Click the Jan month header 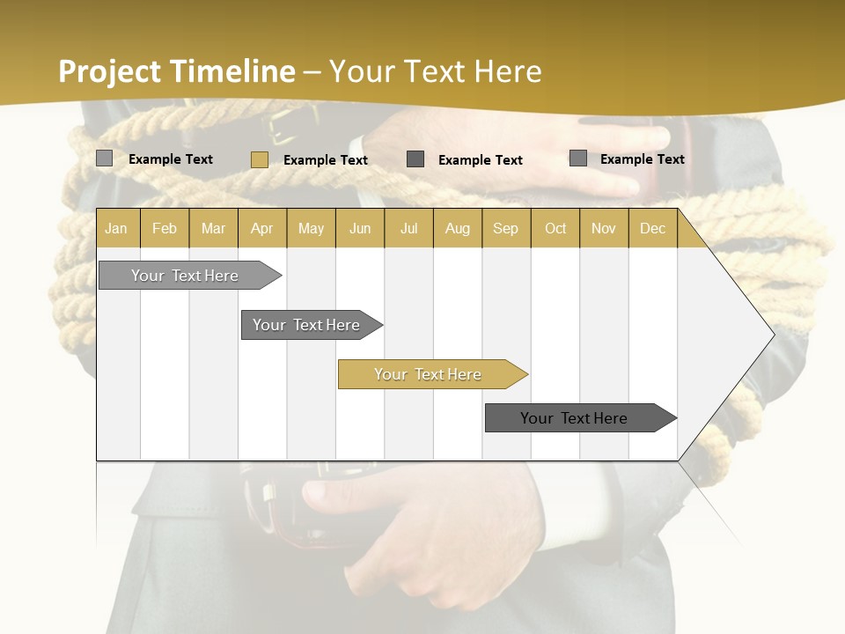click(117, 229)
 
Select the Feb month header click(165, 229)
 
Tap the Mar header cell click(213, 229)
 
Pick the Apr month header click(262, 229)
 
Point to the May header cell click(311, 229)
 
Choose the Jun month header click(360, 229)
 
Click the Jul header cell click(408, 229)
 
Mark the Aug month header click(457, 229)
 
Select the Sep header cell click(505, 229)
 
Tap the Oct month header click(555, 229)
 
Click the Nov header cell click(604, 229)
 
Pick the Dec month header click(652, 229)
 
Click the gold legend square click(259, 159)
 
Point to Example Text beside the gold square click(325, 160)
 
